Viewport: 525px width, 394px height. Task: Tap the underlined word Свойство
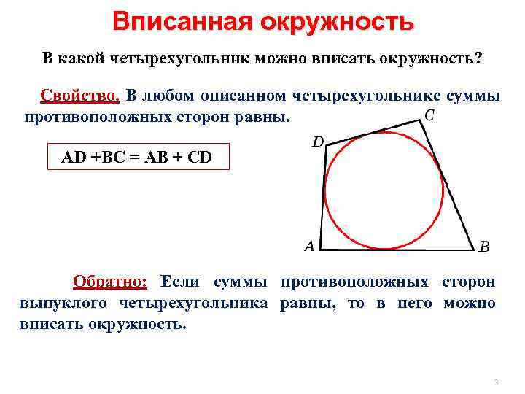coord(80,96)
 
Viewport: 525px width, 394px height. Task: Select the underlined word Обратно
coord(110,282)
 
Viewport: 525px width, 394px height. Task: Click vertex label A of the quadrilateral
coord(309,247)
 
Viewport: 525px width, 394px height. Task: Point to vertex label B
coord(484,247)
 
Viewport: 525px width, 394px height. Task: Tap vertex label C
coord(429,115)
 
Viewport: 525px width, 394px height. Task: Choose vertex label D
coord(318,142)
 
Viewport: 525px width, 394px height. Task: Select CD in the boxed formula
coord(198,156)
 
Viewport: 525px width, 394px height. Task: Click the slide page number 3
coord(495,382)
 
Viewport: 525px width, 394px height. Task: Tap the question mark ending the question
coord(478,58)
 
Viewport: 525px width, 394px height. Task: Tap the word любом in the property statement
coord(171,96)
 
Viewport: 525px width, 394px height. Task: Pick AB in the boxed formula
coord(159,156)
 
